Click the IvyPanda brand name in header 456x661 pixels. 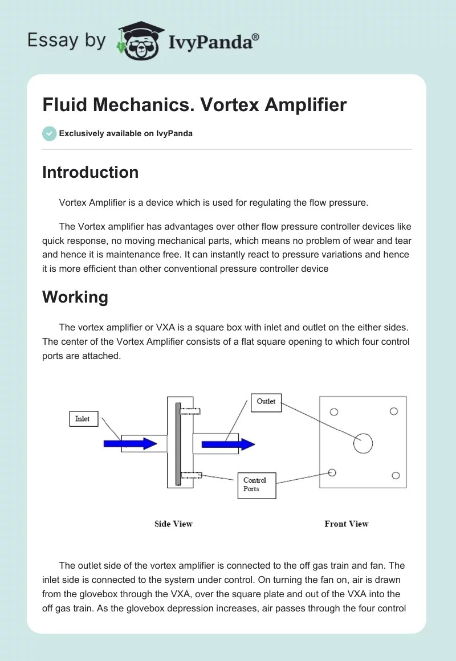click(x=214, y=42)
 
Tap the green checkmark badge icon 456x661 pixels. click(x=49, y=133)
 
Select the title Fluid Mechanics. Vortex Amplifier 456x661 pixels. click(x=194, y=105)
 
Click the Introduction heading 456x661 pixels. click(x=90, y=172)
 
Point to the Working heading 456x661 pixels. click(x=75, y=297)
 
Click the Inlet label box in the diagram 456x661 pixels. click(x=83, y=419)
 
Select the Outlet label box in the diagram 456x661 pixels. click(x=266, y=402)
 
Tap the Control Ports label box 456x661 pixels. click(x=256, y=485)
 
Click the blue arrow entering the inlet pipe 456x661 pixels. click(x=130, y=443)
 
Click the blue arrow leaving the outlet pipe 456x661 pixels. click(x=228, y=444)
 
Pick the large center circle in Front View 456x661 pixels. click(x=363, y=443)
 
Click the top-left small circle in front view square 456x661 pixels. click(x=335, y=412)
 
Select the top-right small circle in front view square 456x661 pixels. click(x=393, y=411)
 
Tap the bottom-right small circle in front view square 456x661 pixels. click(x=396, y=476)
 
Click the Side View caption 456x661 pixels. click(x=173, y=524)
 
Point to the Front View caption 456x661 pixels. click(x=347, y=524)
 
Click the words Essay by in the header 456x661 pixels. click(x=67, y=40)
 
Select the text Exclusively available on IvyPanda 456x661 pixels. click(x=125, y=133)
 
